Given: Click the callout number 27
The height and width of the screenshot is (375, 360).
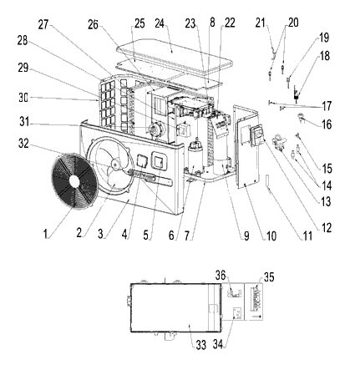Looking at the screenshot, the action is coord(43,24).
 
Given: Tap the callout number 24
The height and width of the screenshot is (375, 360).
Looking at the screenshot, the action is coord(160,23).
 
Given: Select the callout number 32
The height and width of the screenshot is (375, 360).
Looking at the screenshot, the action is coord(23,143).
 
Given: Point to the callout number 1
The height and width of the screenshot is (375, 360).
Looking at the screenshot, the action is coord(45,233).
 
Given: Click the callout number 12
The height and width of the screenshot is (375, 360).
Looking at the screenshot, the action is coord(327,227).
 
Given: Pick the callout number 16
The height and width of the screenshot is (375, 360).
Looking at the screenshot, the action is coord(327,124).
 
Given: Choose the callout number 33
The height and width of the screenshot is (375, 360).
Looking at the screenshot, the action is coord(201,345).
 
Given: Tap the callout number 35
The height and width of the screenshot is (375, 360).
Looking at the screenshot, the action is coord(269,277).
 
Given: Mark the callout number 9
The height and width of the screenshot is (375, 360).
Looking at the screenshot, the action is coord(246,236).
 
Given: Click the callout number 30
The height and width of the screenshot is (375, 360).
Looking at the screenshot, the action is coord(23,98).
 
